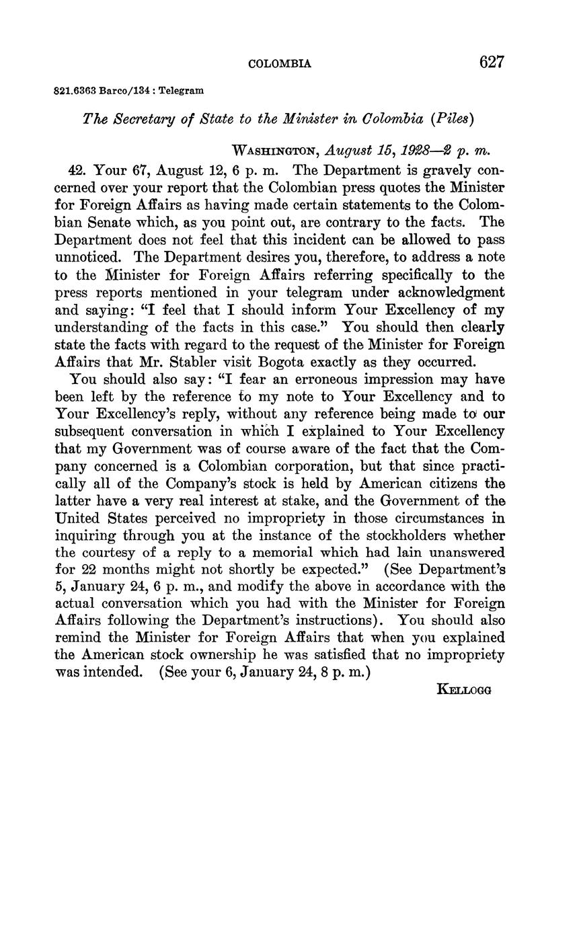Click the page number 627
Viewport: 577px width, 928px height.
tap(492, 62)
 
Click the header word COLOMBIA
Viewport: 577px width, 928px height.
tap(280, 64)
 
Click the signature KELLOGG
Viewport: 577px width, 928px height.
tap(464, 689)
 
